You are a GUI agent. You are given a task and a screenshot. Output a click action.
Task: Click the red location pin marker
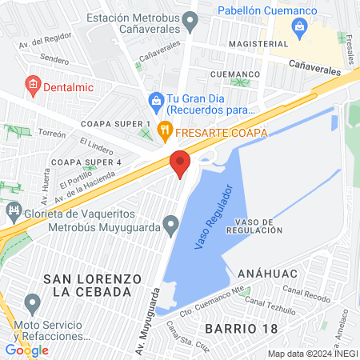coord(180,163)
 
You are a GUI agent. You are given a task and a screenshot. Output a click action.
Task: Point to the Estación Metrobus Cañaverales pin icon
coord(190,23)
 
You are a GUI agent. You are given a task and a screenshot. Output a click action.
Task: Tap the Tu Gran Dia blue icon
coord(156,99)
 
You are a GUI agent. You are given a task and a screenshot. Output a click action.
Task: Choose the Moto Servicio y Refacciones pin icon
coord(32,304)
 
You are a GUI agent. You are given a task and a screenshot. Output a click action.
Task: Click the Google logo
coord(26,350)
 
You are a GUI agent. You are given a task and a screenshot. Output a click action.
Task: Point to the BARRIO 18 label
coord(236,328)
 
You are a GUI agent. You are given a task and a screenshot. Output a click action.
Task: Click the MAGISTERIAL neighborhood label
coord(256,43)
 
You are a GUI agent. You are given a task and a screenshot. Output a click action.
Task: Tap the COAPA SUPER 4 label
coord(85,162)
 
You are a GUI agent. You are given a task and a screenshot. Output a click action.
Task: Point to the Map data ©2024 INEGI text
coord(312,354)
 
